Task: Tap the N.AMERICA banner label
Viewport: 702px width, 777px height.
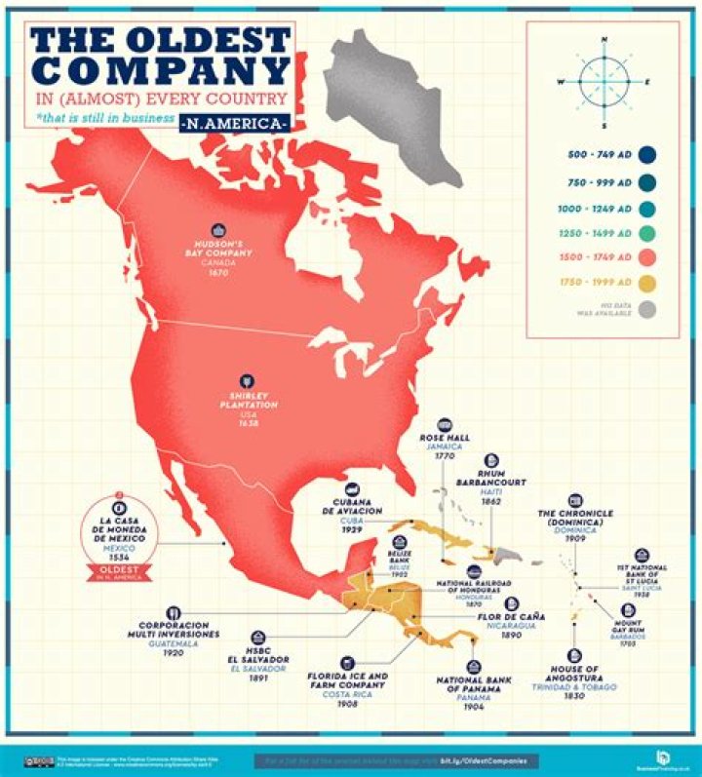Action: pyautogui.click(x=235, y=125)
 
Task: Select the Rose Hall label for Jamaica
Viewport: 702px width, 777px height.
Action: pyautogui.click(x=444, y=438)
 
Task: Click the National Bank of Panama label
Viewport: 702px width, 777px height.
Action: pyautogui.click(x=469, y=684)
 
